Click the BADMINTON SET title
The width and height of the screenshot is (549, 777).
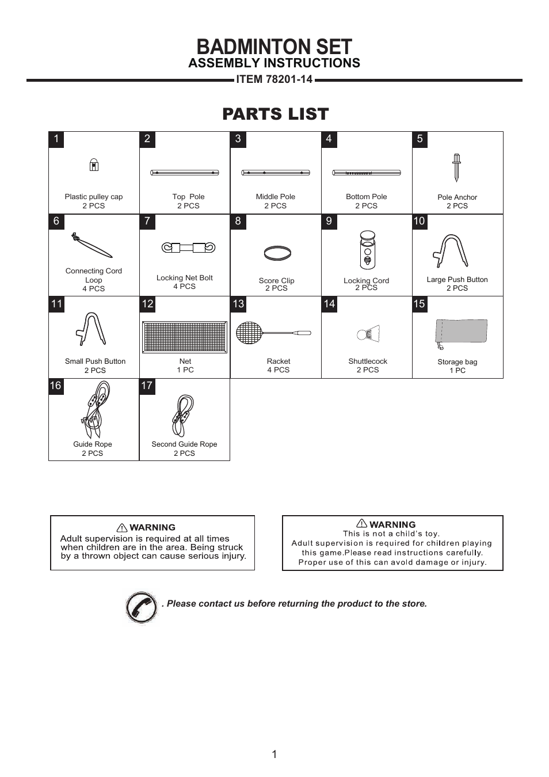(274, 47)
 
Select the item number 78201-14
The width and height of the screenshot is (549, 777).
(274, 79)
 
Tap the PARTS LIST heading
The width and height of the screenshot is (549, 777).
(275, 114)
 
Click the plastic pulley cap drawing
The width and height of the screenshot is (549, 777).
(94, 165)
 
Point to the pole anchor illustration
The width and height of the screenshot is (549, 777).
(456, 167)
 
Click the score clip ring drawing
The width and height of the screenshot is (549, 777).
(277, 253)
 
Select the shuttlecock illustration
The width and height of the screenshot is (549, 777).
(368, 334)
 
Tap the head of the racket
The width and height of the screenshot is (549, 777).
(249, 333)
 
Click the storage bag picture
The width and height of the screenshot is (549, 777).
(461, 332)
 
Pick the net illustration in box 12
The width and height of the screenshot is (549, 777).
(185, 337)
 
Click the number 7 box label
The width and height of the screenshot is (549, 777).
(147, 222)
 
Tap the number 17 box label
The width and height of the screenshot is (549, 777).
(147, 386)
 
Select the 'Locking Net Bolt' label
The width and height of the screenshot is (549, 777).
(184, 278)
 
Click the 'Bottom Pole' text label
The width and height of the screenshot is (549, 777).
(366, 197)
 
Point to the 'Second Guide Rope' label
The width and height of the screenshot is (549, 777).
(184, 444)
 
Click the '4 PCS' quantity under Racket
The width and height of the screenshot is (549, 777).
(278, 370)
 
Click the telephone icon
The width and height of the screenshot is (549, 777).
(141, 607)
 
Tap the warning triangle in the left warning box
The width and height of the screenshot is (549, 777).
(122, 528)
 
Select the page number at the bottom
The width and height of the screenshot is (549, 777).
(274, 755)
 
